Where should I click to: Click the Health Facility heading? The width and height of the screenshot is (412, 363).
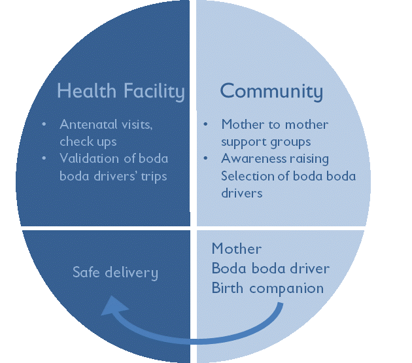[120, 92]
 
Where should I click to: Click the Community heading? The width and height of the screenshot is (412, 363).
[271, 92]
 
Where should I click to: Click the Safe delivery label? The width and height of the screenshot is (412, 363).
[115, 272]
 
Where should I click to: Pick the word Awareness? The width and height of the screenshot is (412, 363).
[248, 159]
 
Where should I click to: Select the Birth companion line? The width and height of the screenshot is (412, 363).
[267, 288]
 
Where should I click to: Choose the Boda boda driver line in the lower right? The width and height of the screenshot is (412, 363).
[270, 269]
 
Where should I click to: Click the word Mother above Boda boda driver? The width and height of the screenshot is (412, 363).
[237, 249]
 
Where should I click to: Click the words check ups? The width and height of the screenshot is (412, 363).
[88, 141]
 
